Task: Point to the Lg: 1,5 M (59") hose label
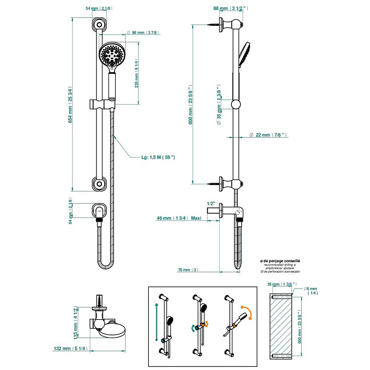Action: coord(158,158)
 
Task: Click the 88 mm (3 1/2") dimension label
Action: coord(230,8)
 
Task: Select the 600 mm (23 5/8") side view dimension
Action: coord(191,105)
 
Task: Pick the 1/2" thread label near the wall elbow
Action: coord(210,203)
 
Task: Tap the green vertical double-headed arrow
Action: coord(157,325)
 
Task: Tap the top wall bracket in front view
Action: coord(99,24)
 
